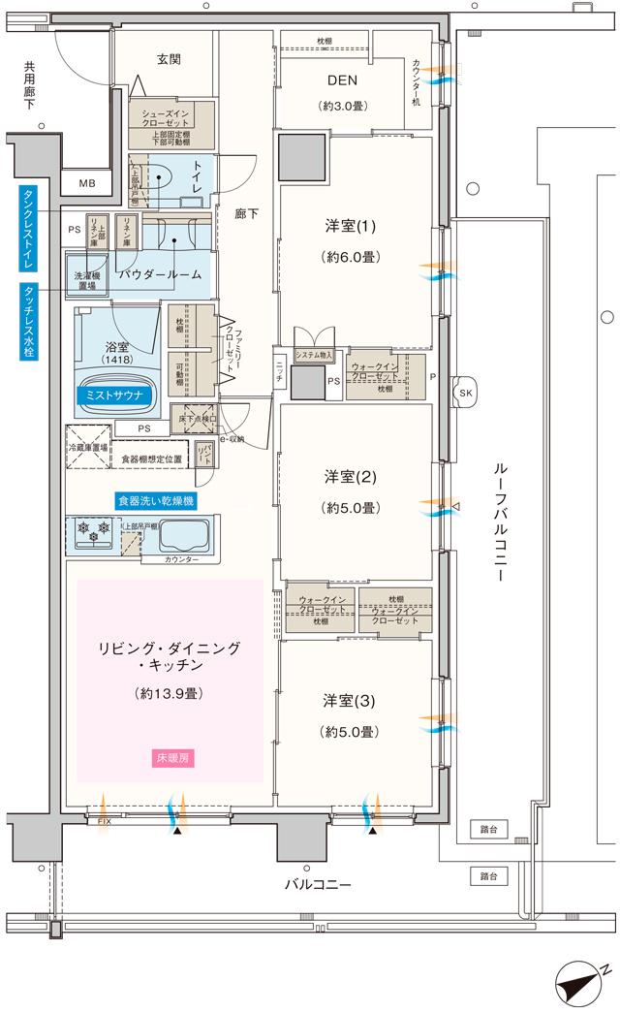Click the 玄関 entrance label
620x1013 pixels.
click(170, 58)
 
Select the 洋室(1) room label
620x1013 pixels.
click(350, 228)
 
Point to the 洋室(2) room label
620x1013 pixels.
click(350, 478)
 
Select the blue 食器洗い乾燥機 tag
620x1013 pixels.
click(156, 501)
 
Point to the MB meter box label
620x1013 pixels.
click(87, 183)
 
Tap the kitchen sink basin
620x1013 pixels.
click(184, 536)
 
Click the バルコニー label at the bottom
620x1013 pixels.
click(317, 884)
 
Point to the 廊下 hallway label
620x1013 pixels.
click(247, 214)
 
